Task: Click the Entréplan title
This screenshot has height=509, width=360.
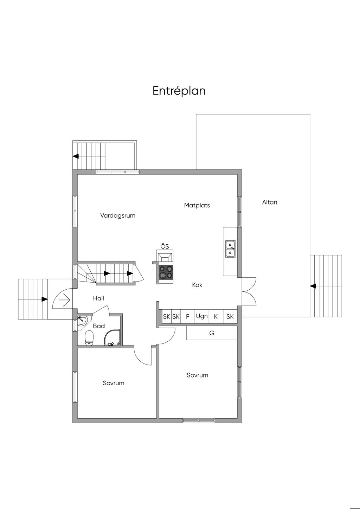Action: coord(179,91)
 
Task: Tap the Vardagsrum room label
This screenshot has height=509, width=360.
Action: coord(118,215)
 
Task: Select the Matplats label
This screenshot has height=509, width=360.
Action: coord(197,205)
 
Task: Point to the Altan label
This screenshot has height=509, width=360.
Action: coord(270,202)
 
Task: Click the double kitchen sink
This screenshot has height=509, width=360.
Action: coord(230,249)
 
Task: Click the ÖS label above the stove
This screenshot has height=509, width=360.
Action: coord(165,246)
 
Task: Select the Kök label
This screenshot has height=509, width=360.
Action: coord(197,285)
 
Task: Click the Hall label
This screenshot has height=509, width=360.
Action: coord(98,298)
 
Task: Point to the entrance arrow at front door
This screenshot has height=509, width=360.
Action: coord(64,300)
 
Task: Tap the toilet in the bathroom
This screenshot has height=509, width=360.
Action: coord(89,338)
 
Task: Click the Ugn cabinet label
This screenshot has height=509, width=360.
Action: coord(202,316)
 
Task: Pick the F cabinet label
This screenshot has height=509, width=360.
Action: coord(187,316)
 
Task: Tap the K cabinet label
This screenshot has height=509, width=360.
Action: coord(216,316)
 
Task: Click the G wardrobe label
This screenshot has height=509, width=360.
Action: coord(212,333)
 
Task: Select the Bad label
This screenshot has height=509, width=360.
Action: coord(99,326)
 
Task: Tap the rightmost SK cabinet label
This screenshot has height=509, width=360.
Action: coord(230,316)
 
